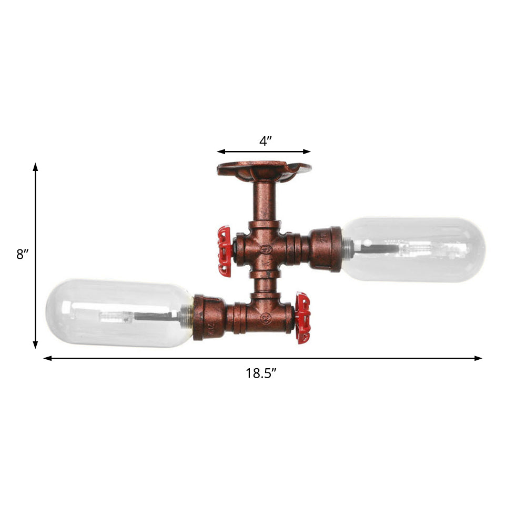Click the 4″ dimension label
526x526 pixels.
coord(265,141)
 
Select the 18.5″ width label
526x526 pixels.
coord(261,373)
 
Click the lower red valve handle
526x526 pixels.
coord(304,319)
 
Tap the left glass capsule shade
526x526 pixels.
coord(118,313)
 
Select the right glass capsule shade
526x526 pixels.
coord(413,249)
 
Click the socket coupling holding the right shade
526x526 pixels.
coord(326,248)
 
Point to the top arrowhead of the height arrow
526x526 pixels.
coord(36,167)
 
